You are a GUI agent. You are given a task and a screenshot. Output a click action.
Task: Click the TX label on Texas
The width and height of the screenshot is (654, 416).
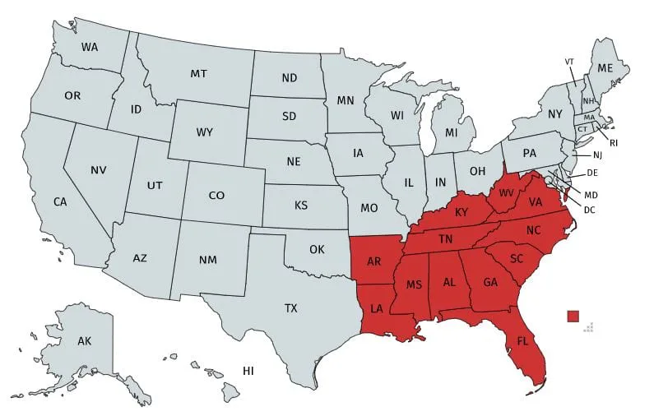(291, 308)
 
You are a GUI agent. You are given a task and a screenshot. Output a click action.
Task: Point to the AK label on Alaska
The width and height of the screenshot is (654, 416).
(85, 340)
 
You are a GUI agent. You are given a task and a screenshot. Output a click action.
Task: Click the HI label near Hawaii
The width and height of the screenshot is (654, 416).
(248, 372)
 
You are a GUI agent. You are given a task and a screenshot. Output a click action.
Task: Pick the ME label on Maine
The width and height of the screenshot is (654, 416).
(605, 67)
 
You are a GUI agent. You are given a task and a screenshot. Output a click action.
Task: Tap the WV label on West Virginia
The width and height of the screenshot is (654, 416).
(505, 194)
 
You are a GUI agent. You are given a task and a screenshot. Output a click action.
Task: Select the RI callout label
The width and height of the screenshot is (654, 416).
(614, 142)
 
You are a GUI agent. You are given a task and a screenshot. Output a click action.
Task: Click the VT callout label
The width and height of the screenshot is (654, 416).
(569, 62)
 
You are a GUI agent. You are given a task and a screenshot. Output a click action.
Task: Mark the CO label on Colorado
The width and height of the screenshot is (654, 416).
(216, 196)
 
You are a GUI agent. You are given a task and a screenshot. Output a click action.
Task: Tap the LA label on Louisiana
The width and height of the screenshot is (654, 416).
(377, 309)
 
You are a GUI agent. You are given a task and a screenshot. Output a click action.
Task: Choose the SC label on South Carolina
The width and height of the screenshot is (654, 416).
(517, 258)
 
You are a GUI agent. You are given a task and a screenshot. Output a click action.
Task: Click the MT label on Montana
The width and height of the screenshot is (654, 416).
(198, 74)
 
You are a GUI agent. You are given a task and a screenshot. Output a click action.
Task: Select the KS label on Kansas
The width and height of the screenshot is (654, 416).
(302, 205)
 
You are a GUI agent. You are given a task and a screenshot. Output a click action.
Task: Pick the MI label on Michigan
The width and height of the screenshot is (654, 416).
(451, 132)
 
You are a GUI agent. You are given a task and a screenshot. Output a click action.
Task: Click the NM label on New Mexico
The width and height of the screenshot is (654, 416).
(208, 260)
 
